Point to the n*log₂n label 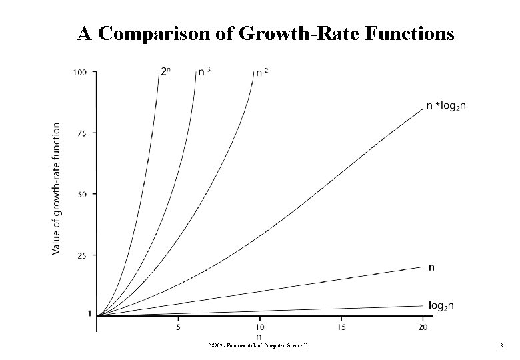coord(447,106)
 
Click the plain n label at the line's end coord(432,267)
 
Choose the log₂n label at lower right coord(441,305)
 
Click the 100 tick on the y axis coord(79,72)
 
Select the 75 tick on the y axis coord(81,133)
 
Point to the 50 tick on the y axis coord(81,194)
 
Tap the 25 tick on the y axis coord(81,255)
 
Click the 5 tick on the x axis coord(178,328)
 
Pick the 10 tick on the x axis coord(259,328)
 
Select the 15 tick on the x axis coord(341,328)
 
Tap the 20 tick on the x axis coord(423,328)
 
